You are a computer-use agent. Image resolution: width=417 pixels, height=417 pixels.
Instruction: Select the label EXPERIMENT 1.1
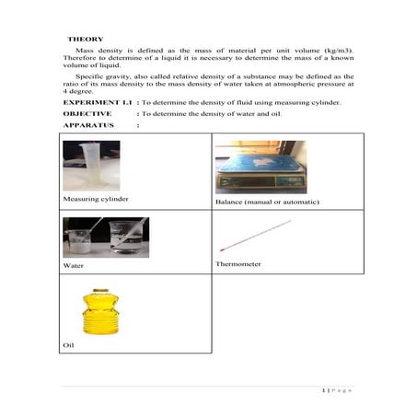(x=97, y=101)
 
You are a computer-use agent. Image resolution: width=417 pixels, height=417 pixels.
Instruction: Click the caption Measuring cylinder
(x=95, y=199)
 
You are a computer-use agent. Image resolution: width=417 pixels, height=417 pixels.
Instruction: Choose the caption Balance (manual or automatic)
(x=266, y=202)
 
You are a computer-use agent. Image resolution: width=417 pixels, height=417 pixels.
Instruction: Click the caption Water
(x=73, y=266)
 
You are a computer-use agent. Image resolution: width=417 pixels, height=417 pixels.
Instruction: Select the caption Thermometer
(x=237, y=264)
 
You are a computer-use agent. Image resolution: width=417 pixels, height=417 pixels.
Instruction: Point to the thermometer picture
(x=255, y=236)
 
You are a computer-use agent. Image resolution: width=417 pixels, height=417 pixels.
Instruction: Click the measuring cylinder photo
(x=90, y=166)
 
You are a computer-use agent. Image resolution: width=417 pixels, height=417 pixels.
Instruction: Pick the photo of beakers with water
(x=105, y=237)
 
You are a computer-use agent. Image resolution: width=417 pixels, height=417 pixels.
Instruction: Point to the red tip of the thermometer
(x=223, y=249)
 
